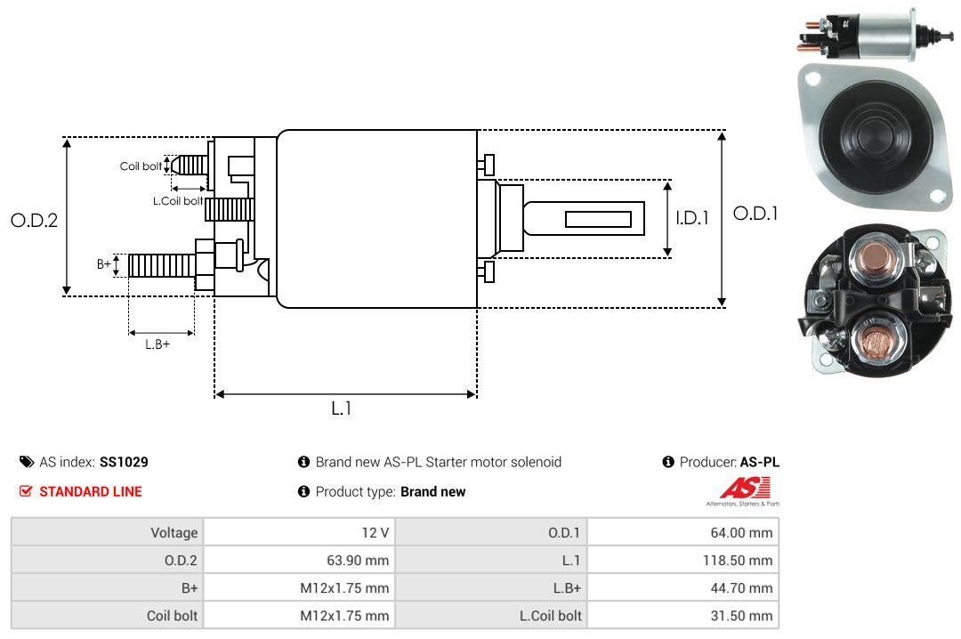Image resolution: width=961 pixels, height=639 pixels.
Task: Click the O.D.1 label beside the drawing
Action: (x=755, y=214)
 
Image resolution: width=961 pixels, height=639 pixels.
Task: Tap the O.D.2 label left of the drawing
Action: (x=34, y=220)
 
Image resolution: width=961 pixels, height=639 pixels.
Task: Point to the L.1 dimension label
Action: (x=342, y=408)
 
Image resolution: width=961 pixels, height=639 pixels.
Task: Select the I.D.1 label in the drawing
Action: (x=691, y=217)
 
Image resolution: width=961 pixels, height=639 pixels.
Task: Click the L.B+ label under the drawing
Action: (x=157, y=344)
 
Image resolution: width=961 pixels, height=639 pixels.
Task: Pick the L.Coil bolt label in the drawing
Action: (x=179, y=201)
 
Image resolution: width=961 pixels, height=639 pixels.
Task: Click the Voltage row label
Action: (x=174, y=533)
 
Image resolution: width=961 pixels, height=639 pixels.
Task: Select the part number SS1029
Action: (x=124, y=463)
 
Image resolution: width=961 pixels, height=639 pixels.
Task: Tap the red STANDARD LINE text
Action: (x=90, y=491)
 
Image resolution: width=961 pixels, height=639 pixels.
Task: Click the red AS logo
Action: (x=739, y=488)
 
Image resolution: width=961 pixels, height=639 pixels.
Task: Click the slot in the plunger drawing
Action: (x=598, y=219)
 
